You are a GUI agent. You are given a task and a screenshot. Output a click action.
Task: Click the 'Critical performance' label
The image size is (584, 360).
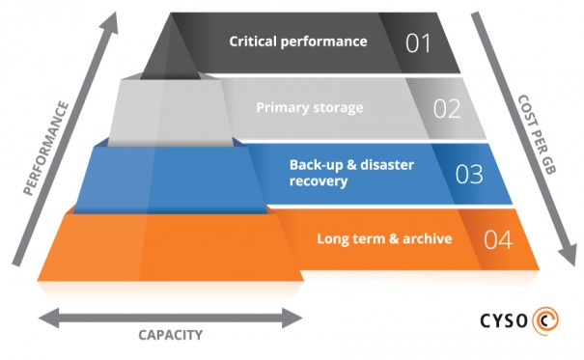click(298, 42)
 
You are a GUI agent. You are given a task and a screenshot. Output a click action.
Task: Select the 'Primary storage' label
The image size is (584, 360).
click(310, 107)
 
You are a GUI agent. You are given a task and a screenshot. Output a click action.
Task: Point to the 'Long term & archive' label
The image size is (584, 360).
click(384, 238)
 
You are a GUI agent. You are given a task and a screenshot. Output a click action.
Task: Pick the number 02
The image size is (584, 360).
click(447, 108)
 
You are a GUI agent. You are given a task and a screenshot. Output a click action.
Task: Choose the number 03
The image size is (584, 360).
click(469, 174)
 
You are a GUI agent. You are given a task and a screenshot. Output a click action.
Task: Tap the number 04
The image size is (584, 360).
click(498, 239)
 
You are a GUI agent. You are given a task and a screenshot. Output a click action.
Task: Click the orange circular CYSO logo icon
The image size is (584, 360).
click(552, 319)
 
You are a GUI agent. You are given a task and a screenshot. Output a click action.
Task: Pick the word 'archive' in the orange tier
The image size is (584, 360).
click(429, 238)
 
